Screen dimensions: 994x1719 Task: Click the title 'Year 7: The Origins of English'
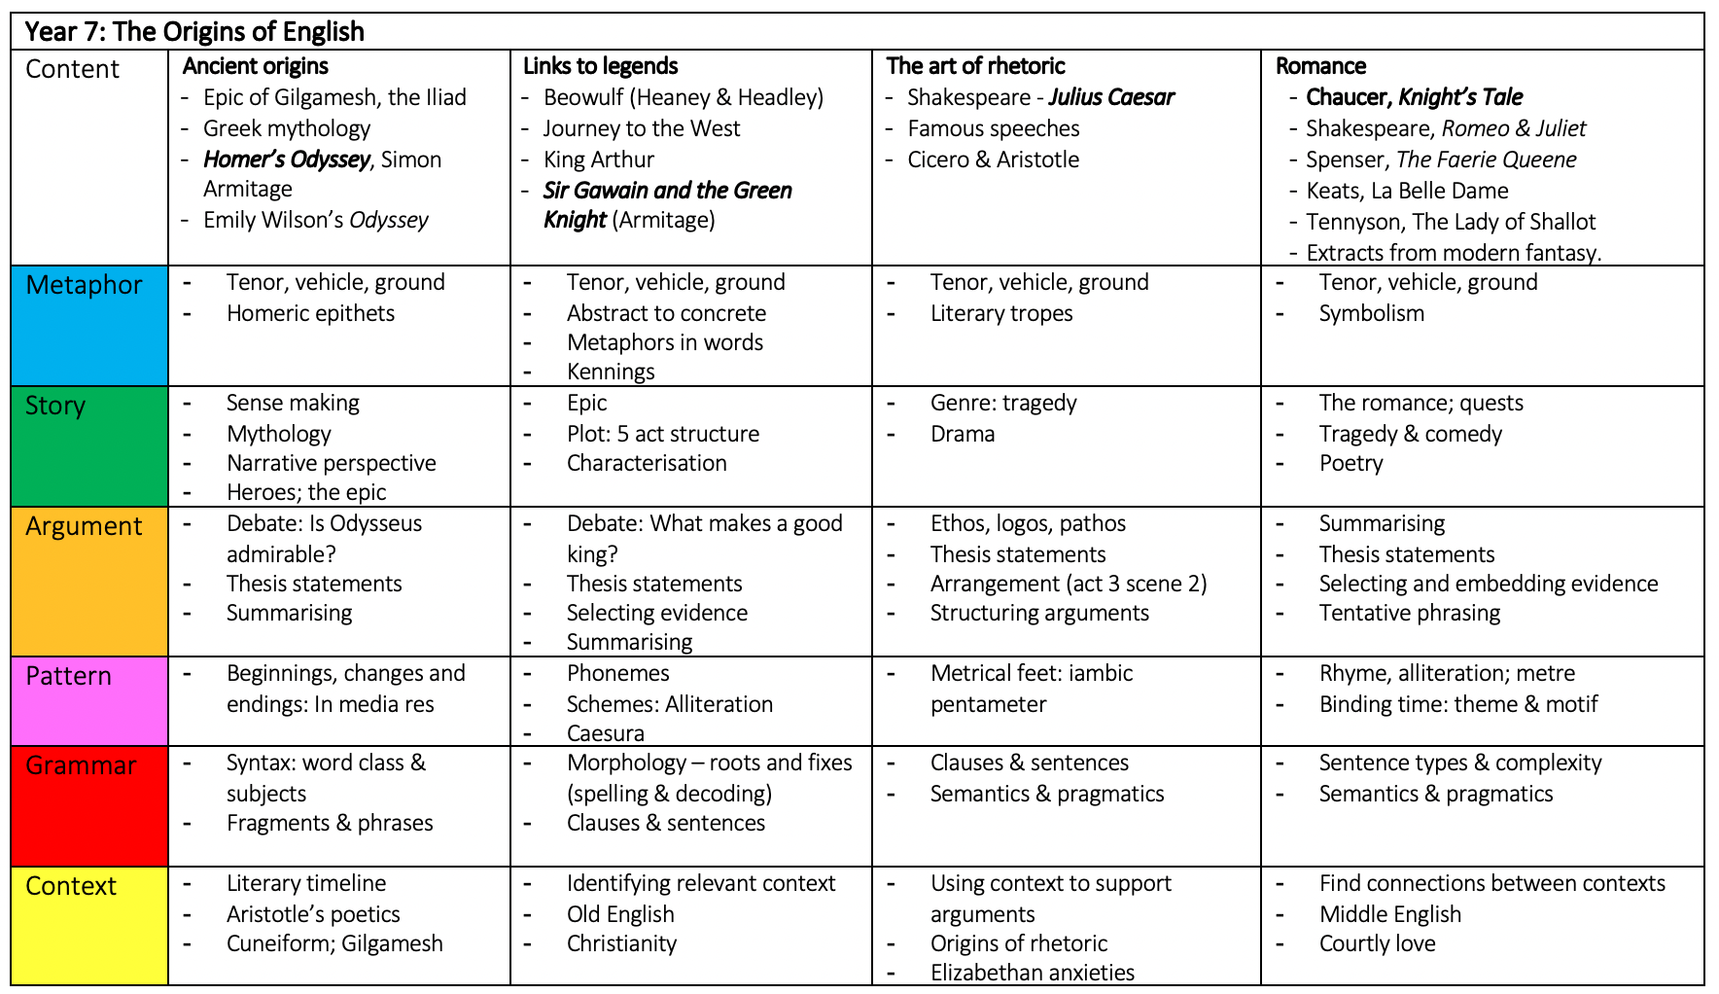pyautogui.click(x=194, y=31)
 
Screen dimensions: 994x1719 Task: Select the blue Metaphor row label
pyautogui.click(x=84, y=285)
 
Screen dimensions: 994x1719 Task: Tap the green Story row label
pyautogui.click(x=55, y=406)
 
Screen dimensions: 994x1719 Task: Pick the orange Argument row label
pyautogui.click(x=84, y=526)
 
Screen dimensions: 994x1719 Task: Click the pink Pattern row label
pyautogui.click(x=68, y=676)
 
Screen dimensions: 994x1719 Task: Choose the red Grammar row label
pyautogui.click(x=81, y=765)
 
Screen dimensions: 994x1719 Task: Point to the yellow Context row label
pyautogui.click(x=71, y=886)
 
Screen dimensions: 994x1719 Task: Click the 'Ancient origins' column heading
pyautogui.click(x=256, y=66)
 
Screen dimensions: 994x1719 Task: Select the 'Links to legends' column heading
pyautogui.click(x=600, y=66)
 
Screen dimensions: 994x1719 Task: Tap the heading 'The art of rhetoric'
pyautogui.click(x=975, y=66)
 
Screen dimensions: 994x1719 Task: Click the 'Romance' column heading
pyautogui.click(x=1320, y=66)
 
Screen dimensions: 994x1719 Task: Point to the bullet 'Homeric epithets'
pyautogui.click(x=310, y=313)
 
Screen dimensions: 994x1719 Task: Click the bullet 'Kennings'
pyautogui.click(x=611, y=372)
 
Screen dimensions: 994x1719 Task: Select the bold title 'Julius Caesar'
pyautogui.click(x=1111, y=97)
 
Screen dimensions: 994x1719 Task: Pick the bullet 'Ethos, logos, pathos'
pyautogui.click(x=1028, y=523)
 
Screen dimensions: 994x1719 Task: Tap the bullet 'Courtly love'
pyautogui.click(x=1377, y=943)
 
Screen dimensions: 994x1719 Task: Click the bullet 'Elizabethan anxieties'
pyautogui.click(x=1032, y=973)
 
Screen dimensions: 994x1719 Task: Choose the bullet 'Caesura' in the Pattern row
pyautogui.click(x=605, y=733)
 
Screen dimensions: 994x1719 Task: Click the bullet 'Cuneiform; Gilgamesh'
pyautogui.click(x=334, y=943)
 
